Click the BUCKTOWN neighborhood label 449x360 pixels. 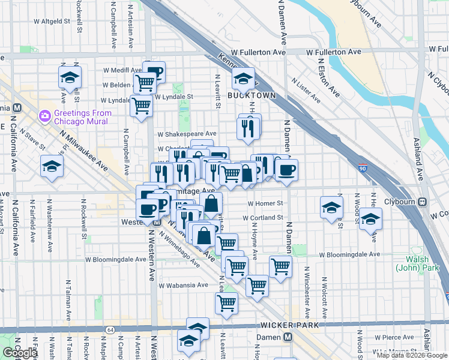252,95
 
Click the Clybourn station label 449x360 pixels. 400,202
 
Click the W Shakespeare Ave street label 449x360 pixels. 187,134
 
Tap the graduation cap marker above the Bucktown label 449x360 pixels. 243,78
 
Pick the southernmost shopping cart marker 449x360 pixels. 226,304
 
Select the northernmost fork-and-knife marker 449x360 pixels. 247,127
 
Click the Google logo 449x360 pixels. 20,353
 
